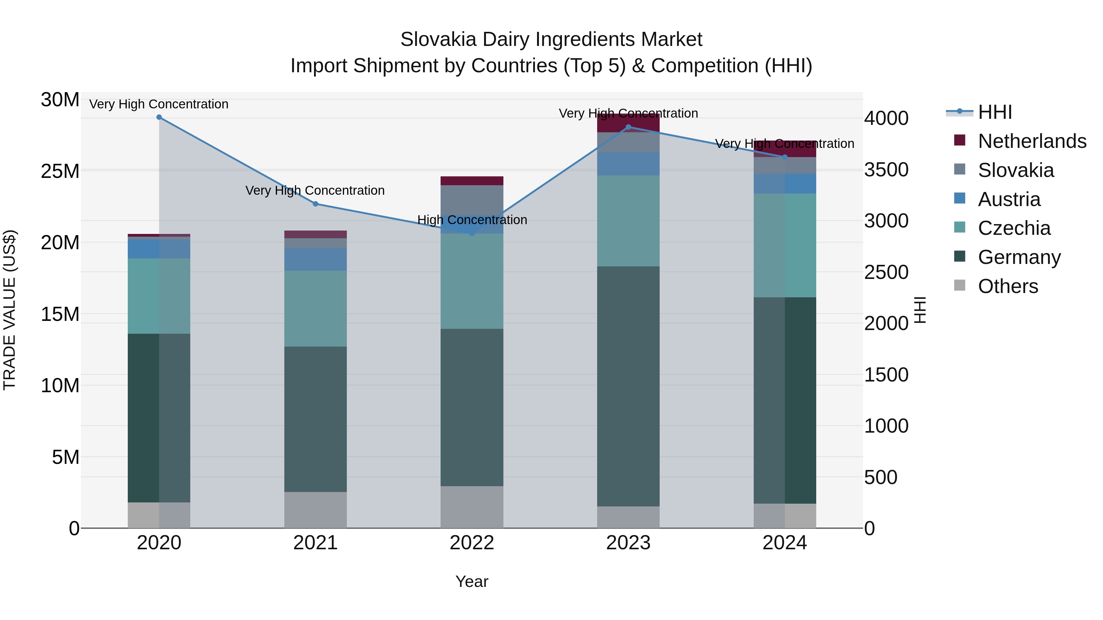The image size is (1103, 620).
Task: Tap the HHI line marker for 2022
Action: (x=472, y=234)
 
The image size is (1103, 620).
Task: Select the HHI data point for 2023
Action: (x=628, y=127)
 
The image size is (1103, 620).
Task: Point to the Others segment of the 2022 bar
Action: (x=472, y=507)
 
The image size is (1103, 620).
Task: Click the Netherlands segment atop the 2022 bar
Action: (x=472, y=181)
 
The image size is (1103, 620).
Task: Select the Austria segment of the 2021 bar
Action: (x=316, y=259)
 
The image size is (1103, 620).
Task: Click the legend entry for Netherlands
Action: (x=1032, y=141)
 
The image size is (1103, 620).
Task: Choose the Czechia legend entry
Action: (x=1014, y=228)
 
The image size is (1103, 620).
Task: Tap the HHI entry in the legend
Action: (x=995, y=112)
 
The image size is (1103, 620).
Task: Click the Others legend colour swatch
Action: (x=960, y=285)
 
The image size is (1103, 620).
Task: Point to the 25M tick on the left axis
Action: (x=60, y=171)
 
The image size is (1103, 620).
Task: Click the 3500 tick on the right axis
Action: (x=886, y=170)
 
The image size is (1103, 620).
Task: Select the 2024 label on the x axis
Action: (x=784, y=543)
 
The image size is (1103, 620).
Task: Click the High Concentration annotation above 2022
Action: (x=472, y=220)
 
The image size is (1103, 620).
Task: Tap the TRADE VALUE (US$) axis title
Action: (x=9, y=310)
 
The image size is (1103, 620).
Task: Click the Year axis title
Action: (x=472, y=581)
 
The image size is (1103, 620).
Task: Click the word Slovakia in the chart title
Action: (x=438, y=39)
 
